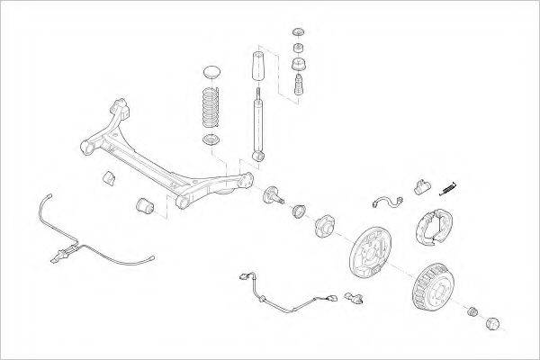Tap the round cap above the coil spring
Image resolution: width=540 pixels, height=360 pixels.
[212, 71]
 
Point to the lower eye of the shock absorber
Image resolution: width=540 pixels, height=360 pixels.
[259, 157]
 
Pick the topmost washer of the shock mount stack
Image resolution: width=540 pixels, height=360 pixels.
[298, 33]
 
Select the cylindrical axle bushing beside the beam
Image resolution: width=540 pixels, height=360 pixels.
[146, 206]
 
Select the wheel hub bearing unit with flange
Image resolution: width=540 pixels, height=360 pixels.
[322, 226]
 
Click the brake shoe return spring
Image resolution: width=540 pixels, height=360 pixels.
[447, 188]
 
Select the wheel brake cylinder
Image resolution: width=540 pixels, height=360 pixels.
[419, 186]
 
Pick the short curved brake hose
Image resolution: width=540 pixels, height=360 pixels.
[388, 200]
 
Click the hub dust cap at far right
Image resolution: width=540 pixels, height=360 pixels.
[494, 322]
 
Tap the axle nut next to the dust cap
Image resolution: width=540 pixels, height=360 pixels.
[472, 312]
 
